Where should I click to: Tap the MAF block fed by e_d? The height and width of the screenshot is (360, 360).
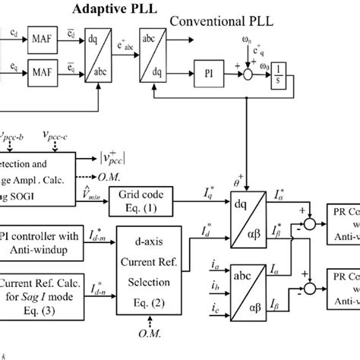[41, 34]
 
